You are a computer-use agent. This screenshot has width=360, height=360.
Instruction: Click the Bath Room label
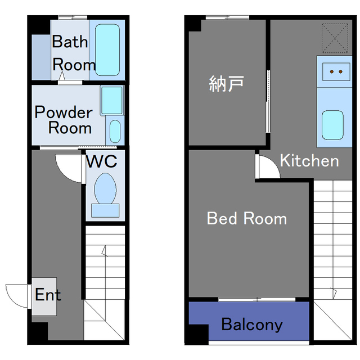[x=73, y=53]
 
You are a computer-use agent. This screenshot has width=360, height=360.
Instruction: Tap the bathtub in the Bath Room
[x=108, y=49]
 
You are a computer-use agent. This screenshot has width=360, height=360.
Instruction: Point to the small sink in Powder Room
[x=115, y=132]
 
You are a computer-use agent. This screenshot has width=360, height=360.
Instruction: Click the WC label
[x=102, y=161]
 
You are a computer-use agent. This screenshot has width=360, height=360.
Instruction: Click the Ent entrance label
[x=48, y=295]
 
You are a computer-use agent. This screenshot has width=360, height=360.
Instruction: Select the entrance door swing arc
[x=16, y=295]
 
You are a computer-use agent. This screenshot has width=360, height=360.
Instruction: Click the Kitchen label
[x=309, y=161]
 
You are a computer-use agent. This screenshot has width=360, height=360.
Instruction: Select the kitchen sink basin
[x=332, y=124]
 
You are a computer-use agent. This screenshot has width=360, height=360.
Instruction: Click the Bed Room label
[x=247, y=218]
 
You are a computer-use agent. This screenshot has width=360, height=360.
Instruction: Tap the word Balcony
[x=251, y=325]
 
